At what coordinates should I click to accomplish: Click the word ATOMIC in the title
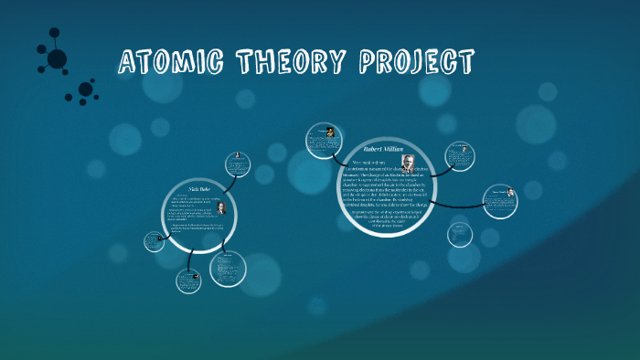[x=174, y=63]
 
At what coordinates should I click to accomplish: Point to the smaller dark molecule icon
[x=84, y=90]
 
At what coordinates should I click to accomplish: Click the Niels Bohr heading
[x=198, y=188]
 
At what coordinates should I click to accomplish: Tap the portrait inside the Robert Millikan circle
[x=407, y=163]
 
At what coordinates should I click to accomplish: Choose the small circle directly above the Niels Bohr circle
[x=239, y=163]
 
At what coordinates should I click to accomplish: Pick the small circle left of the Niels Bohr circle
[x=154, y=241]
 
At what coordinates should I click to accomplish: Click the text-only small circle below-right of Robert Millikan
[x=460, y=234]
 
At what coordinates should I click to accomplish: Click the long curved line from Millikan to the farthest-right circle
[x=457, y=202]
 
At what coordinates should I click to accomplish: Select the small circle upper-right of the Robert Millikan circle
[x=458, y=154]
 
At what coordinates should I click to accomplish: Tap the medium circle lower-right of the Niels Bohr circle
[x=227, y=269]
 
